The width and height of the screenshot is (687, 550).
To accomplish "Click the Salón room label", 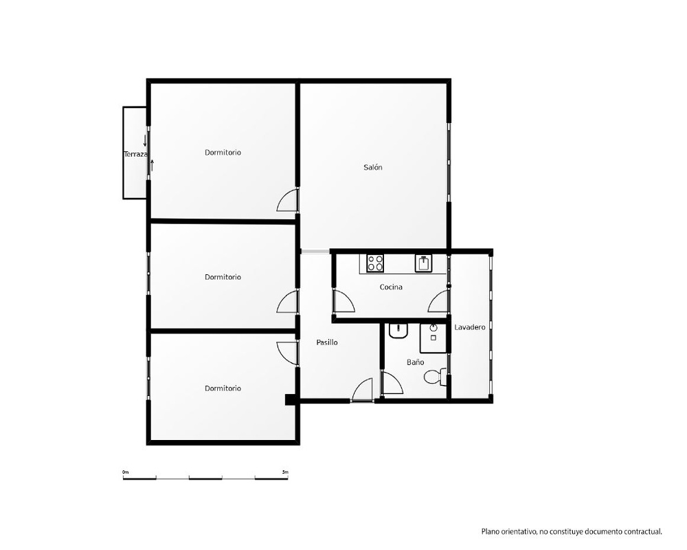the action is pos(373,167).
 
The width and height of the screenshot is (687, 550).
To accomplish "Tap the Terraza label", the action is pos(136,155).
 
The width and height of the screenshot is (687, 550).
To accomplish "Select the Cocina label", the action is pos(391,287).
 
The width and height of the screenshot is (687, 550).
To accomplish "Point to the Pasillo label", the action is pos(327,342).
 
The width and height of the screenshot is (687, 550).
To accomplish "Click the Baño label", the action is pos(415,362).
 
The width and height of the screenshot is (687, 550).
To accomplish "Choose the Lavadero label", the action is pos(470,327).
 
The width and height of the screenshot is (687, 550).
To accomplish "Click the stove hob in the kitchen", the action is pos(376,263).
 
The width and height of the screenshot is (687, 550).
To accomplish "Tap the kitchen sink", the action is pos(424,263).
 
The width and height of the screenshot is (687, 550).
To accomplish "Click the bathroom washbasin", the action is pos(398,331).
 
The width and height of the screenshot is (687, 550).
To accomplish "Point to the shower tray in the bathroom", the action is pos(433,338).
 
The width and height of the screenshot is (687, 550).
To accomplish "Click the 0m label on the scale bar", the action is pos(126,472).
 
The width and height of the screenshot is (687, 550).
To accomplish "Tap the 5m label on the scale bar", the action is pos(285,472).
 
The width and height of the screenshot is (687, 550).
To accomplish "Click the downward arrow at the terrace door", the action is pos(145,141).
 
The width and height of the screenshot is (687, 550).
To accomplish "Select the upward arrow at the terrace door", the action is pos(152,166).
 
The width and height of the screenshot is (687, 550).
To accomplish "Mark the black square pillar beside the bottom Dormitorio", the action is pos(291,399).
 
